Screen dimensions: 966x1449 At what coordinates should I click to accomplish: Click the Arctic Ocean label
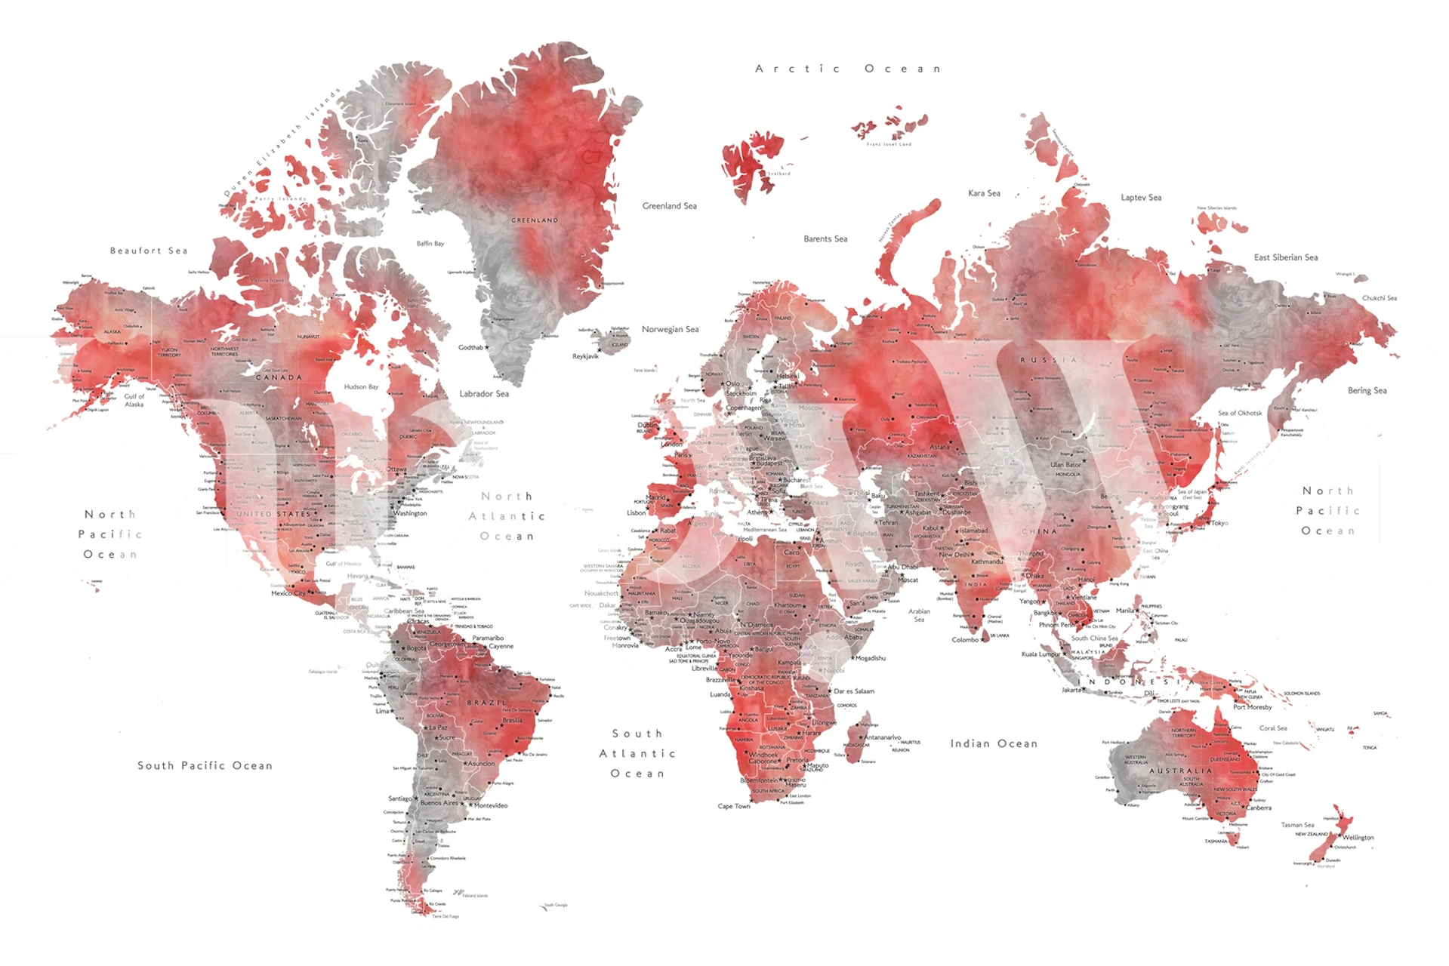pos(847,69)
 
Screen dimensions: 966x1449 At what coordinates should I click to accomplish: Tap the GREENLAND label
pos(535,220)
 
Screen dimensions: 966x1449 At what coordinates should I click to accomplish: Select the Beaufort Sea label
pos(149,251)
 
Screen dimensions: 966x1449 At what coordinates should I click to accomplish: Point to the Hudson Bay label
pos(361,387)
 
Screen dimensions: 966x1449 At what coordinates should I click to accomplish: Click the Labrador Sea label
pos(484,394)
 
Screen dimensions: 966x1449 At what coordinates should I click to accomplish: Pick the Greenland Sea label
pos(669,206)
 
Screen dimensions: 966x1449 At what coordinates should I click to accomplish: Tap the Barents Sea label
pos(825,239)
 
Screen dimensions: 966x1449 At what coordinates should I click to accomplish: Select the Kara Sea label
pos(984,193)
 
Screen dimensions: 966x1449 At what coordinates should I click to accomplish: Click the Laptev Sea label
pos(1141,198)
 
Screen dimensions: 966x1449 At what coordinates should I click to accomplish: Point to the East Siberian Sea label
pos(1286,257)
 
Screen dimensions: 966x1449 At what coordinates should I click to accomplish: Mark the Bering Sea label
pos(1367,391)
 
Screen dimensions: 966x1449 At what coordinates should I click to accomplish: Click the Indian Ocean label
pos(994,744)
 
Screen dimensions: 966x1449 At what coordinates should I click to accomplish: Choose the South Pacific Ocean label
pos(205,766)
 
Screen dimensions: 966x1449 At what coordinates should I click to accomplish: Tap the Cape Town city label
pos(734,806)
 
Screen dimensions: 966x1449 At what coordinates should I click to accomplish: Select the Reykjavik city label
pos(585,356)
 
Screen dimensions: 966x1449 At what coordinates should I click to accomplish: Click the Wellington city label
pos(1358,838)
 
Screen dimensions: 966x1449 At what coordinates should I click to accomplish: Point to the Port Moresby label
pos(1252,707)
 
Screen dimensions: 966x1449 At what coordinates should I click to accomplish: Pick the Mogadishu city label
pos(870,658)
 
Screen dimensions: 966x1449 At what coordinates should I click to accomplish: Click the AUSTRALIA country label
pos(1180,771)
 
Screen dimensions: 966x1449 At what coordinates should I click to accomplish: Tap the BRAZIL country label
pos(486,703)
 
